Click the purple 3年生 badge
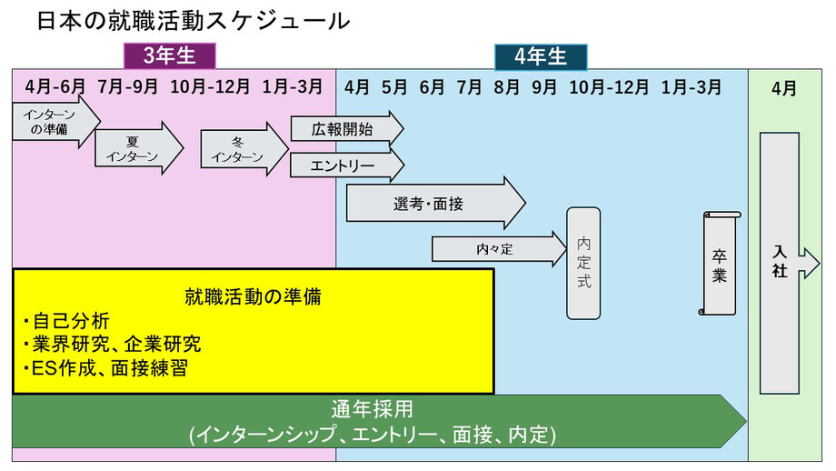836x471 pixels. (169, 56)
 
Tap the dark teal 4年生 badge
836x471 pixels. (541, 56)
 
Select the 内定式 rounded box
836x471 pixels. (583, 263)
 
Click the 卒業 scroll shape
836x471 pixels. (720, 263)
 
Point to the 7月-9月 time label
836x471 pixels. (127, 87)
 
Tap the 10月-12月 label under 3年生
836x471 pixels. (210, 87)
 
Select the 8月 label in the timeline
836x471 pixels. (506, 87)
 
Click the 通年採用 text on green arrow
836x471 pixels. (373, 409)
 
